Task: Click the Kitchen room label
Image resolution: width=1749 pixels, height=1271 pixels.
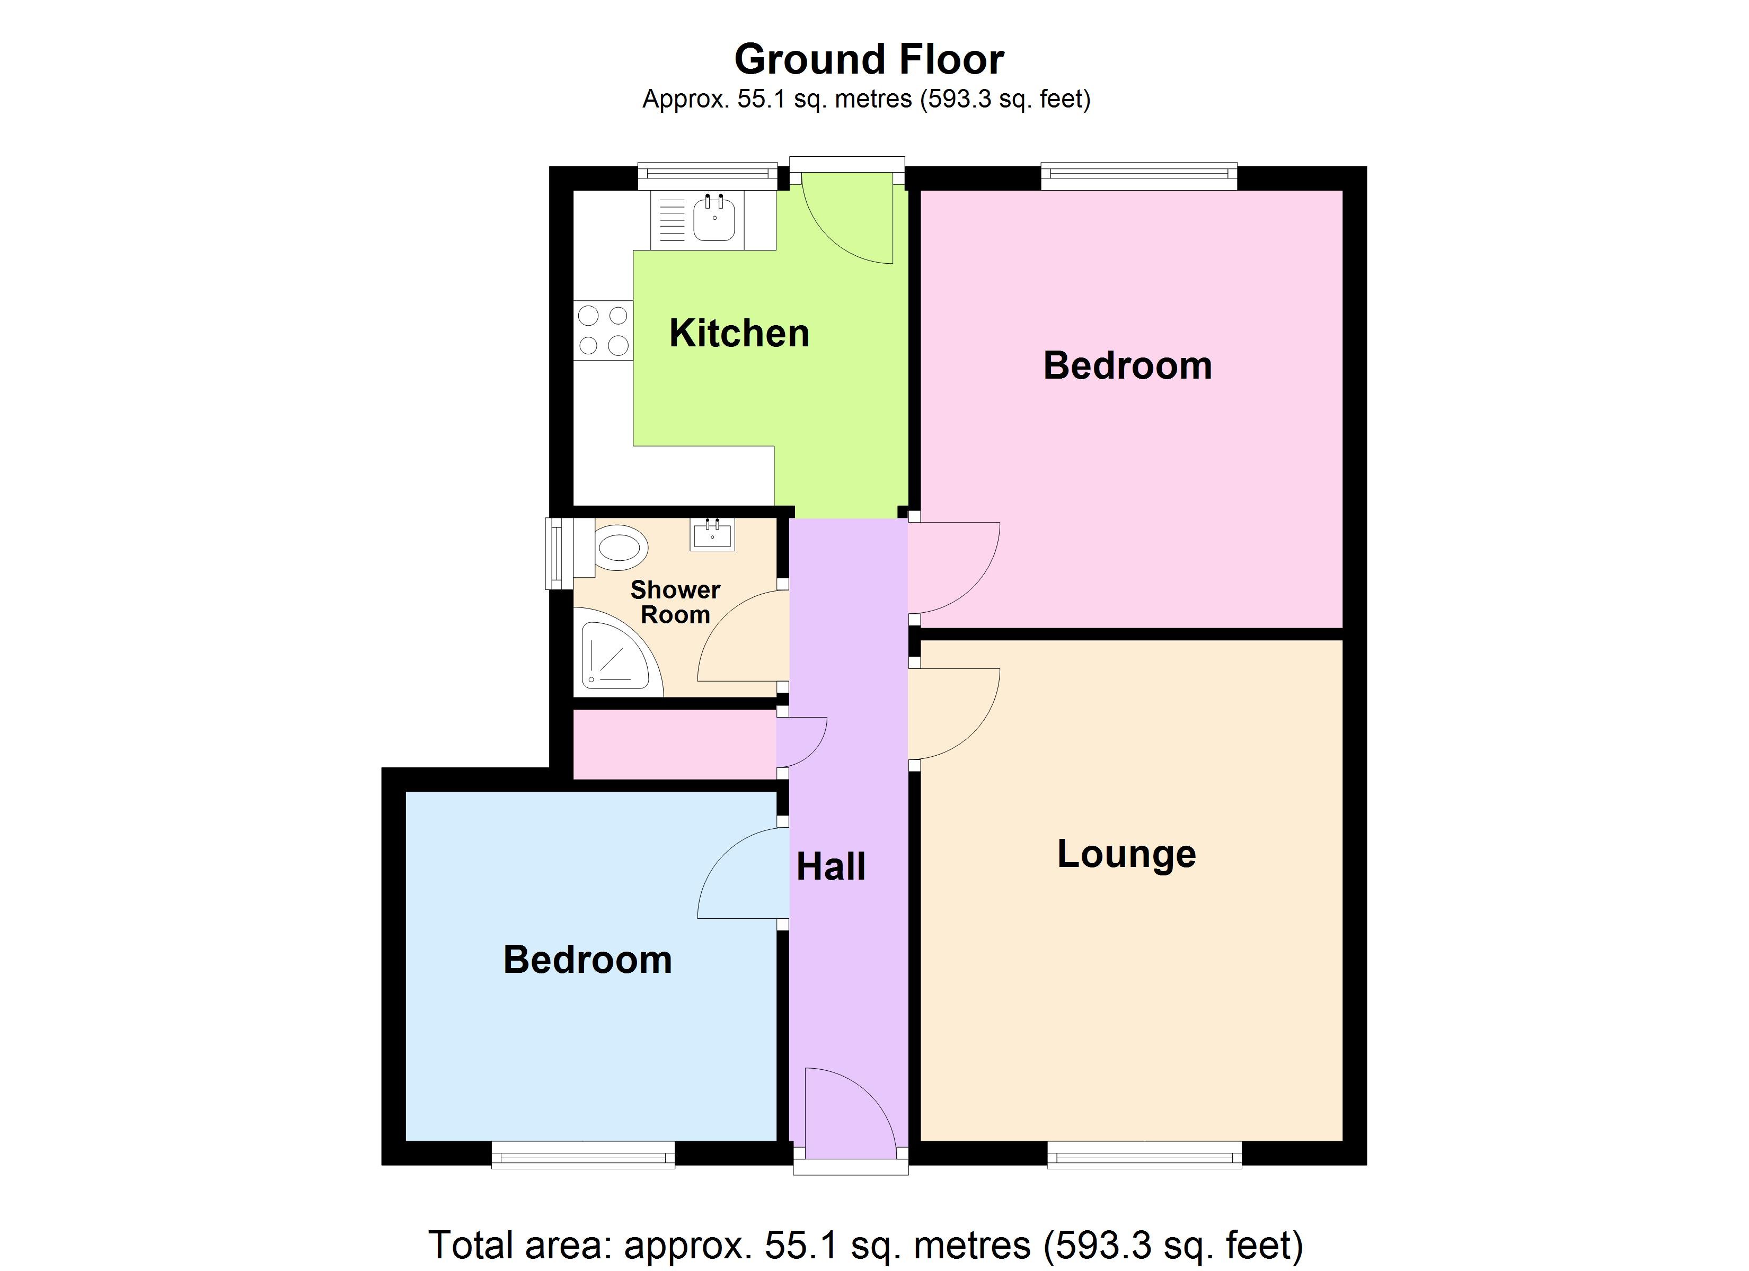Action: point(739,334)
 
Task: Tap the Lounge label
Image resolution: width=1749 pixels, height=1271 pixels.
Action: point(1126,854)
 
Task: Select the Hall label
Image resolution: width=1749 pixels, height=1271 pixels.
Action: point(831,867)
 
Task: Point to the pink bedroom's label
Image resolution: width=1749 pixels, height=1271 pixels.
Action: point(1127,365)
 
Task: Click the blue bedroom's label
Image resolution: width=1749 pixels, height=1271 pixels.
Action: point(588,960)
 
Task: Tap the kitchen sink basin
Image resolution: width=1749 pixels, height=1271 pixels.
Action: point(714,218)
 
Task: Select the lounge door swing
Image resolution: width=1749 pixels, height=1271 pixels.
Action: point(952,713)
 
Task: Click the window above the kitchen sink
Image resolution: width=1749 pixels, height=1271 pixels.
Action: point(707,176)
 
